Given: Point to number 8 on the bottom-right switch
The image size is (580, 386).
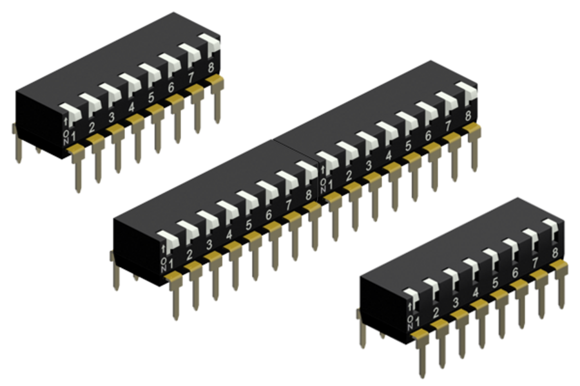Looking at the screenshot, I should tap(555, 253).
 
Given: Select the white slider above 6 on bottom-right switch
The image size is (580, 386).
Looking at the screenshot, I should tap(510, 246).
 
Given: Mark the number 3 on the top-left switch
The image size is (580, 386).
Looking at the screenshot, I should tap(111, 117).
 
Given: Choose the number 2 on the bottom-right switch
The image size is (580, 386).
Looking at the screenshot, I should tap(437, 313).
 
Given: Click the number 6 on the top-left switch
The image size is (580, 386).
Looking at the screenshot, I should tap(171, 87).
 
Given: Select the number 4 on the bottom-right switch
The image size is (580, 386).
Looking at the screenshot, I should tap(476, 293).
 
